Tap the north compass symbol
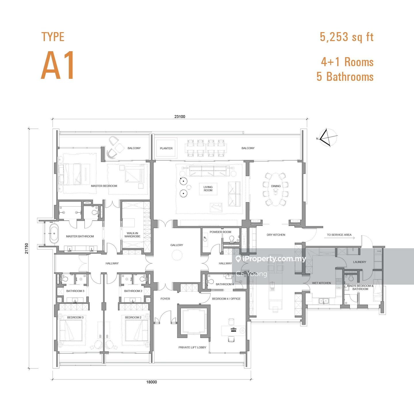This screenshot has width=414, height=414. pyautogui.click(x=328, y=138)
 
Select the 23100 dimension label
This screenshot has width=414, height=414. pyautogui.click(x=180, y=117)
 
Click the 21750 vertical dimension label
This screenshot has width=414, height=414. pyautogui.click(x=27, y=248)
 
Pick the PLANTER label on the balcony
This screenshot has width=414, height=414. pyautogui.click(x=166, y=148)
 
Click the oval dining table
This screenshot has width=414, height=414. pyautogui.click(x=276, y=187)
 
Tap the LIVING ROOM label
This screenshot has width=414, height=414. pyautogui.click(x=208, y=189)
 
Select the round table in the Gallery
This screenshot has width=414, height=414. pyautogui.click(x=177, y=256)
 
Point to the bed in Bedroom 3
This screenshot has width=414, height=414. pyautogui.click(x=71, y=331)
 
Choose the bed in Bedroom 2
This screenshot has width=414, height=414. pyautogui.click(x=137, y=331)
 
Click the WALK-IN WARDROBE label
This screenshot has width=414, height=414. pyautogui.click(x=132, y=235)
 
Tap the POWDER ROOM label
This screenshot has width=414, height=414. pyautogui.click(x=221, y=232)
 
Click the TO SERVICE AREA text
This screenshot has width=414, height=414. pyautogui.click(x=339, y=235)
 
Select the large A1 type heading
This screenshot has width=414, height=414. pyautogui.click(x=57, y=65)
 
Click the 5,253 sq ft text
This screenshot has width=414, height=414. pyautogui.click(x=346, y=37)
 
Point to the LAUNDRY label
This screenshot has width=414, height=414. pyautogui.click(x=359, y=262)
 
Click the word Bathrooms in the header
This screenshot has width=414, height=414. pyautogui.click(x=350, y=77)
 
